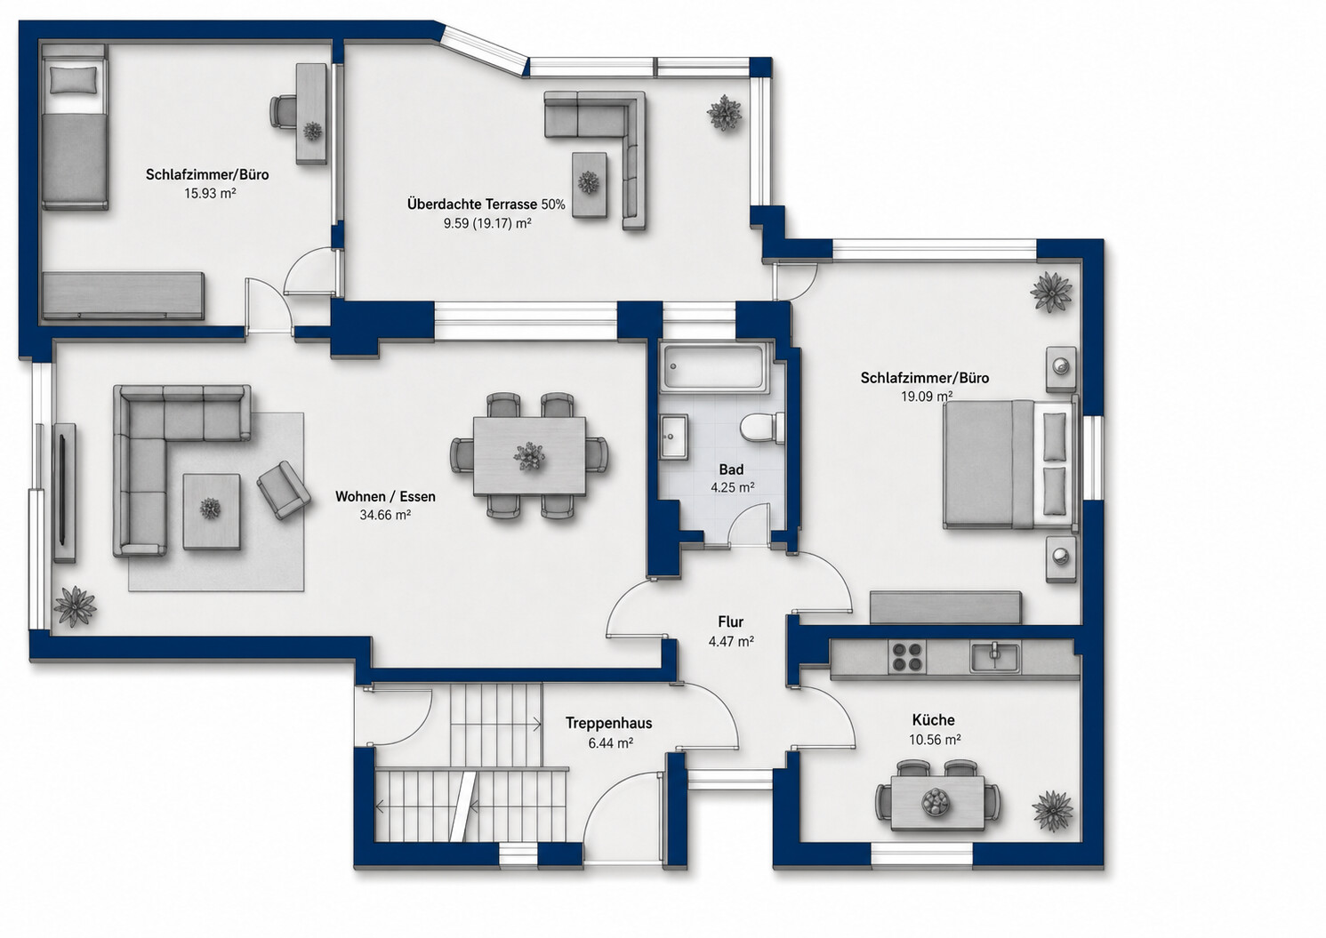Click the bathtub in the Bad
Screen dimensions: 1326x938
pyautogui.click(x=714, y=367)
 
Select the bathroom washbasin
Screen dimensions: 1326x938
pyautogui.click(x=673, y=437)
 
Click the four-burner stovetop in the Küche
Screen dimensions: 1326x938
pyautogui.click(x=907, y=656)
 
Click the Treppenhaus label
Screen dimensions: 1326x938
pyautogui.click(x=608, y=723)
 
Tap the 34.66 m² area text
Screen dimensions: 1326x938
pyautogui.click(x=385, y=515)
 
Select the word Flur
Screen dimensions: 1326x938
pyautogui.click(x=730, y=622)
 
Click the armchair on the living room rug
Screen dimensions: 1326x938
pyautogui.click(x=284, y=490)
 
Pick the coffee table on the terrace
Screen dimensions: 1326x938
pyautogui.click(x=590, y=185)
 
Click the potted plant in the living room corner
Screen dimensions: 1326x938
pyautogui.click(x=75, y=606)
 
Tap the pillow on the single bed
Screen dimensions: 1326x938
pyautogui.click(x=74, y=79)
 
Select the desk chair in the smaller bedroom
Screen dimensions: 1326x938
pyautogui.click(x=283, y=111)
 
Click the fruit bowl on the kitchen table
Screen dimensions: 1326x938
pyautogui.click(x=936, y=803)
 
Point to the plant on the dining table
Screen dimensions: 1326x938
pyautogui.click(x=529, y=456)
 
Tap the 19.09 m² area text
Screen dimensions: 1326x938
pyautogui.click(x=927, y=397)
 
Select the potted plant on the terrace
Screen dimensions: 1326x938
pyautogui.click(x=725, y=112)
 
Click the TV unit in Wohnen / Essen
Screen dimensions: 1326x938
pyautogui.click(x=65, y=493)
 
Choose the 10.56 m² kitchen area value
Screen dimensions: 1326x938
pyautogui.click(x=935, y=740)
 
